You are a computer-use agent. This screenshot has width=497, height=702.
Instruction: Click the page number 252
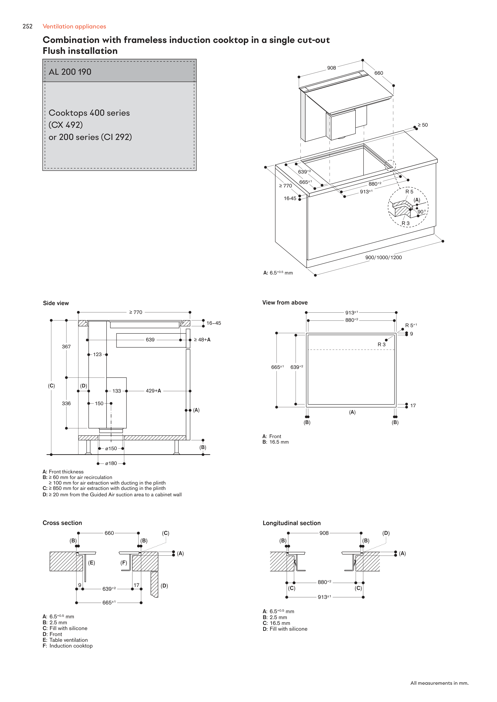click(x=27, y=26)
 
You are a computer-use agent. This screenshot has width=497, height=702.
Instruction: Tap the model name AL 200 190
click(x=70, y=72)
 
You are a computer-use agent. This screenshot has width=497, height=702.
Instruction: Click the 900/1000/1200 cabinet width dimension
click(x=383, y=257)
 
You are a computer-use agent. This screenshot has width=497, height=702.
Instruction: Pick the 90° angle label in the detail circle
click(x=422, y=212)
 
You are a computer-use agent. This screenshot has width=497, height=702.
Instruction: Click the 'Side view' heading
click(x=56, y=303)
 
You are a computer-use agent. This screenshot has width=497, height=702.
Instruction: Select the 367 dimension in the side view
click(x=66, y=346)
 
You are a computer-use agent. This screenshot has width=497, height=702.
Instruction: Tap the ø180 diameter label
click(x=111, y=463)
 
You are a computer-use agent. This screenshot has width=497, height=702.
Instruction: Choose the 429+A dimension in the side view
click(x=153, y=391)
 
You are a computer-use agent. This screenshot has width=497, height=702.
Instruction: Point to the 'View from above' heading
click(x=285, y=302)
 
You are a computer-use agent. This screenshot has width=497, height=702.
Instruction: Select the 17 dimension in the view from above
click(x=413, y=405)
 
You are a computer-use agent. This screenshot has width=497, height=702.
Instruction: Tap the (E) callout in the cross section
click(x=92, y=563)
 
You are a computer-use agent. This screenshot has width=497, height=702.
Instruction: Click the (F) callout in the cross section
click(x=124, y=563)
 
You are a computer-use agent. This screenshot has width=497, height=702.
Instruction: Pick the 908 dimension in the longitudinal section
click(x=324, y=533)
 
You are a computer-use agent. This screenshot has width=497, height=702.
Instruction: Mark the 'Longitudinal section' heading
click(x=292, y=523)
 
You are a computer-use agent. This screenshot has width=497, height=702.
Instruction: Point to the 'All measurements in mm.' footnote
click(x=439, y=683)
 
